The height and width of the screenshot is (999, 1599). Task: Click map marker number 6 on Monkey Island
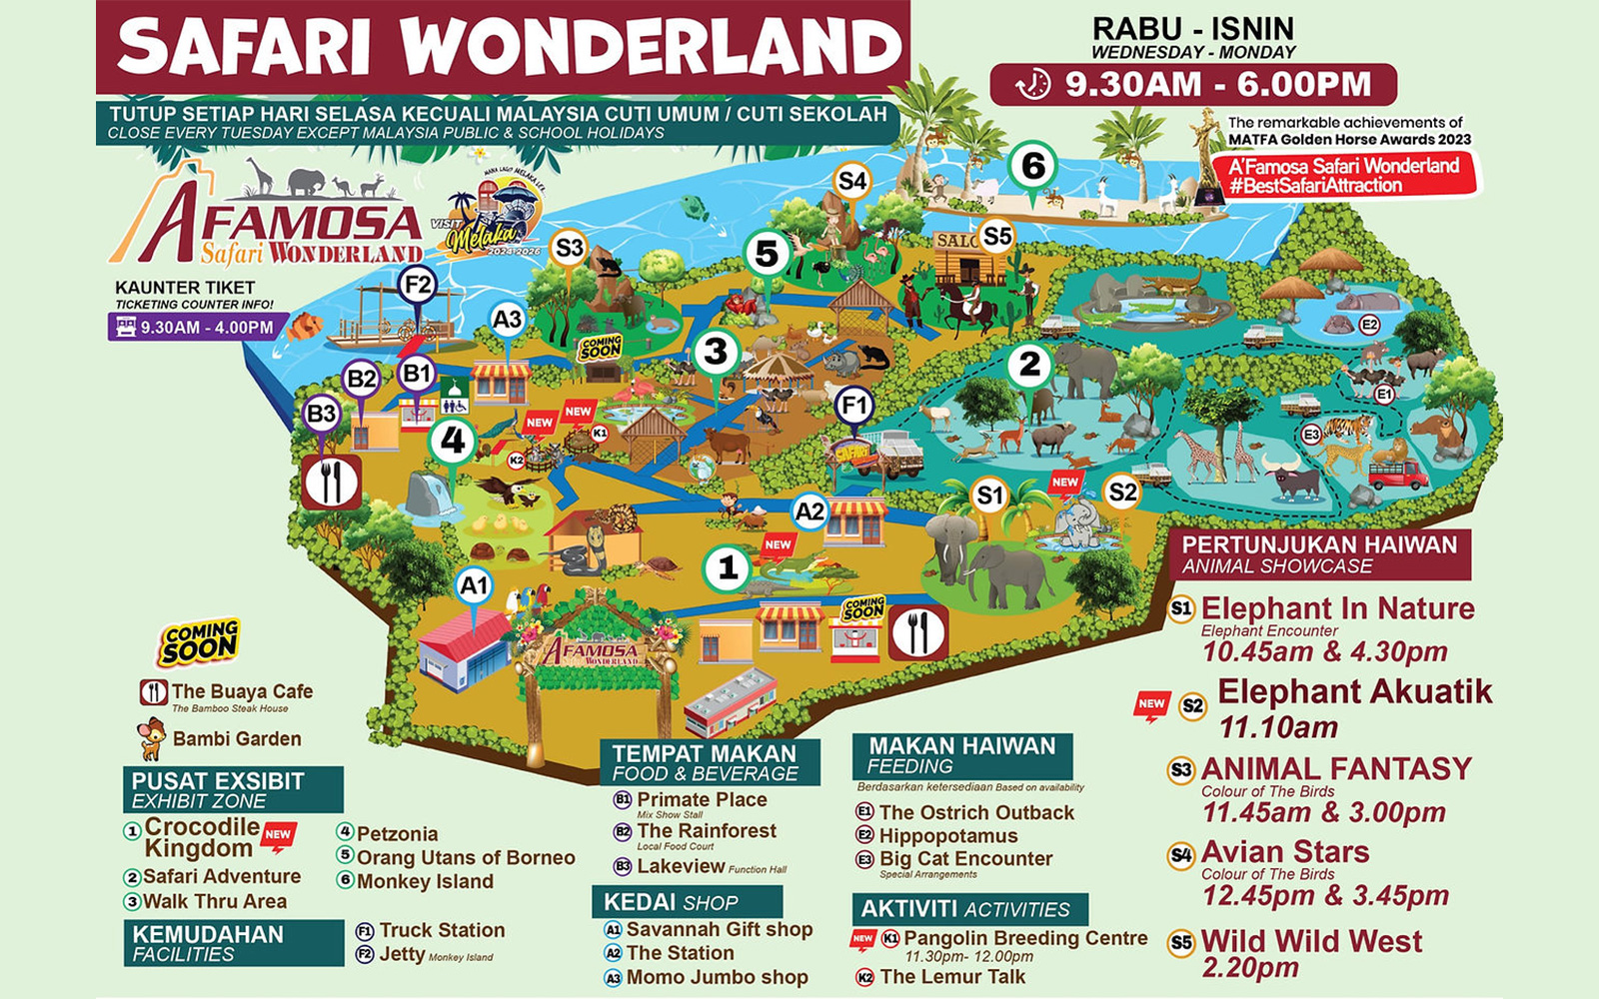click(x=1032, y=166)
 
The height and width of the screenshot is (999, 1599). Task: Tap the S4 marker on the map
click(x=852, y=181)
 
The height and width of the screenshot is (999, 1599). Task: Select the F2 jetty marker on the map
click(x=417, y=286)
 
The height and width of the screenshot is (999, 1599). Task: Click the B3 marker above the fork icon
click(x=321, y=413)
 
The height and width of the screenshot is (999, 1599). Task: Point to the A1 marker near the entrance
click(x=474, y=585)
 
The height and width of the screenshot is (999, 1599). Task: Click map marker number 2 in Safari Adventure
click(x=1029, y=366)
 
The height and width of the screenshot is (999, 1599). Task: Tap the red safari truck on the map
click(x=1397, y=474)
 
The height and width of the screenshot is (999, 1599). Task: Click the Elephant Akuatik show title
click(x=1354, y=691)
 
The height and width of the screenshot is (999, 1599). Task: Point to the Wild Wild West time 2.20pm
click(x=1249, y=968)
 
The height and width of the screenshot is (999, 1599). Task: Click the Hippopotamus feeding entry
click(x=947, y=836)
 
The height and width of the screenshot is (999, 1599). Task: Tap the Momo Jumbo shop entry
click(x=717, y=977)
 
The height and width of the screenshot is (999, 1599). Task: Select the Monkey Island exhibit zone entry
click(x=425, y=881)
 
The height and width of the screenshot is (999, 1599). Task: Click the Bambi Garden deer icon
click(x=152, y=739)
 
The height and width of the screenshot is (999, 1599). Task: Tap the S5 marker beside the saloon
click(x=996, y=237)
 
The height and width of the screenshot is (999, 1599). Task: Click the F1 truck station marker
click(x=853, y=406)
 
